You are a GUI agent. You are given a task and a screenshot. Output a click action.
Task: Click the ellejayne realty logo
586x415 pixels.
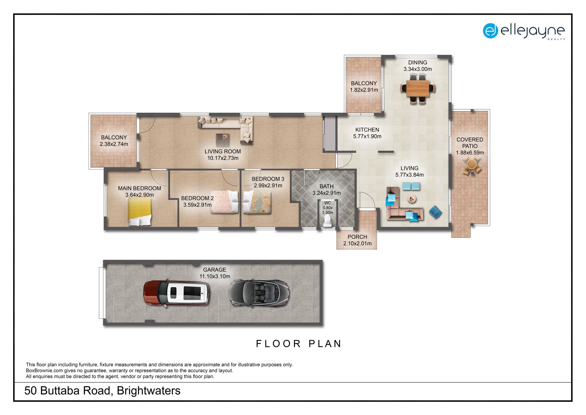pyautogui.click(x=524, y=31)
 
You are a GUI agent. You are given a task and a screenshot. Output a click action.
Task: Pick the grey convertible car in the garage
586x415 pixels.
pyautogui.click(x=259, y=293)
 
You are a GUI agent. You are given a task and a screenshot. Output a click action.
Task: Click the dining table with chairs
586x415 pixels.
pyautogui.click(x=418, y=89)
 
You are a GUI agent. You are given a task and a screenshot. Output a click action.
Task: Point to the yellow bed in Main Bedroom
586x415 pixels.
pyautogui.click(x=140, y=211)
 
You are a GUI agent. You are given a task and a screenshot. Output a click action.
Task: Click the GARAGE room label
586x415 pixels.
pyautogui.click(x=215, y=270)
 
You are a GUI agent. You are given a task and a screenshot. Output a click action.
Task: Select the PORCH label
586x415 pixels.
pyautogui.click(x=357, y=237)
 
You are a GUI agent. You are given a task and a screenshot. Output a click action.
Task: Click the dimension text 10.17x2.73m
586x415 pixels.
pyautogui.click(x=223, y=158)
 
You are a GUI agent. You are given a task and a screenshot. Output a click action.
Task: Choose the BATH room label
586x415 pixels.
pyautogui.click(x=327, y=186)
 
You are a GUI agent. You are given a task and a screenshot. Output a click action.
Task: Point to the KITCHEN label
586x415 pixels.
pyautogui.click(x=367, y=130)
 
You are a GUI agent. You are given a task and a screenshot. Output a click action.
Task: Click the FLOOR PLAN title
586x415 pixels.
pyautogui.click(x=298, y=344)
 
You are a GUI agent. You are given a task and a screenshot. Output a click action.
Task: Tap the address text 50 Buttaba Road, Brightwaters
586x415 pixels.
pyautogui.click(x=103, y=391)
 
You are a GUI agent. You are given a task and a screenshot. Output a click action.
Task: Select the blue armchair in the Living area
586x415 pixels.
pyautogui.click(x=435, y=212)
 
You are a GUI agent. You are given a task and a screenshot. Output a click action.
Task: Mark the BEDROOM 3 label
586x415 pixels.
pyautogui.click(x=268, y=179)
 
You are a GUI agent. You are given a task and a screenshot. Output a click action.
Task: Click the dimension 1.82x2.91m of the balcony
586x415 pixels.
pyautogui.click(x=364, y=90)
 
